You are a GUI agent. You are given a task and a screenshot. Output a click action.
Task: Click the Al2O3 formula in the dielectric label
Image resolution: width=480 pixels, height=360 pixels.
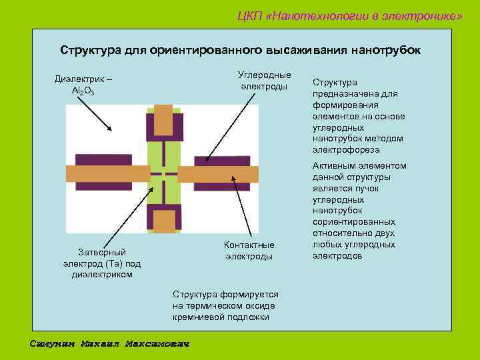tap(83, 91)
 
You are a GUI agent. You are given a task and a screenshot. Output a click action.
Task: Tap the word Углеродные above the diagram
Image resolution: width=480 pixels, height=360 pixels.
tap(264, 74)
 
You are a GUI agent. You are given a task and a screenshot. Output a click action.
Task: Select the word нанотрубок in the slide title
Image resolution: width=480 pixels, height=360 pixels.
tap(387, 51)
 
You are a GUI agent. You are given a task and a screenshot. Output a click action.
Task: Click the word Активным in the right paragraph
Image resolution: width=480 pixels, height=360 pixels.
tap(331, 166)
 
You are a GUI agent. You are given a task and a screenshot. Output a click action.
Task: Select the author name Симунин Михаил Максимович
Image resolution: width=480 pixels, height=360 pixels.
tap(110, 344)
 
